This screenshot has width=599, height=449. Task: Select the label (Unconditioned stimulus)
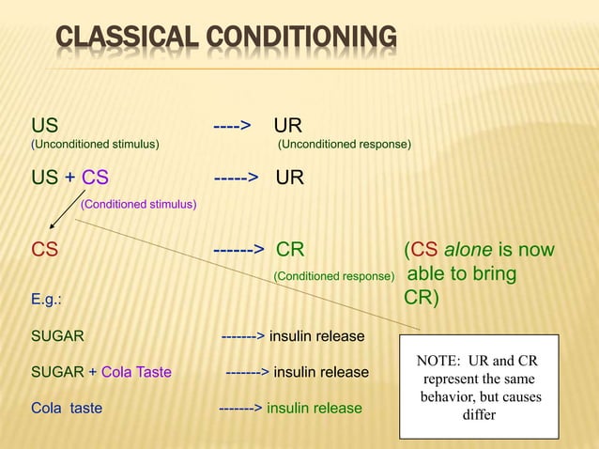[x=95, y=145]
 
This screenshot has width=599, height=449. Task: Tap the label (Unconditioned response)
[x=344, y=145]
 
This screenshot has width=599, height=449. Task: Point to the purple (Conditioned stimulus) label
[x=138, y=203]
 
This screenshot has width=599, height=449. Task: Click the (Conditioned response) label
[x=332, y=277]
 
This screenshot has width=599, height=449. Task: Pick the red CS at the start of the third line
[x=44, y=250]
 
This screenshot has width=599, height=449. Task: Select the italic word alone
[x=468, y=250]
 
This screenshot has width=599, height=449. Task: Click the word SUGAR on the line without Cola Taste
[x=57, y=335]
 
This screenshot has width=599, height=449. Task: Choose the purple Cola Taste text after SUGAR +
[x=136, y=372]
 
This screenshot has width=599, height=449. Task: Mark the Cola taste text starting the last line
[x=67, y=409]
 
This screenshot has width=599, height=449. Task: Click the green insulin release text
[x=314, y=409]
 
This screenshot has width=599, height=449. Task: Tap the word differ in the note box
[x=479, y=414]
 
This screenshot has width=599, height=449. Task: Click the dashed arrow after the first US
[x=231, y=126]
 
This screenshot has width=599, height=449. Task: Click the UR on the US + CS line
[x=290, y=177]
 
